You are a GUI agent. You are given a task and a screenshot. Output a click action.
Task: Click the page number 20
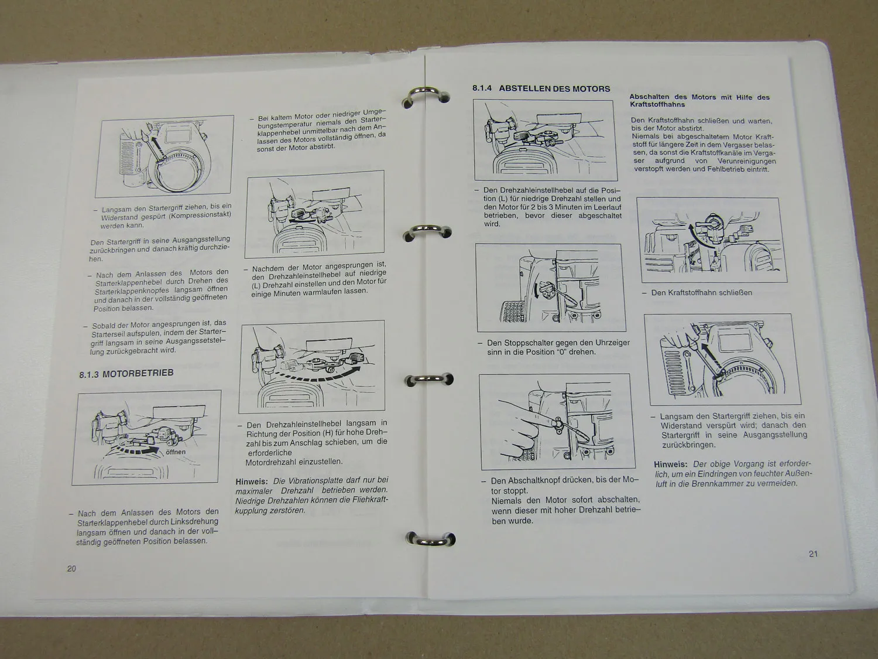tap(71, 568)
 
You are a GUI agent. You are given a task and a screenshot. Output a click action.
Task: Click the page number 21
tap(813, 554)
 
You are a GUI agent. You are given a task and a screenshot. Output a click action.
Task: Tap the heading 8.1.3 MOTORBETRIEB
tap(126, 373)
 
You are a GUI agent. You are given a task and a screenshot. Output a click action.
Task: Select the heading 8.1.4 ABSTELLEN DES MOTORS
tap(541, 89)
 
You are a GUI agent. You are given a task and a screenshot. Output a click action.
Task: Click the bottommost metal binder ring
tap(431, 540)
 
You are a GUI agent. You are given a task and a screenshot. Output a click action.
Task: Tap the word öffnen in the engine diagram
tap(176, 452)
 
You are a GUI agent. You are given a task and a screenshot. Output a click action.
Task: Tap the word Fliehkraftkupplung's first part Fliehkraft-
tap(363, 500)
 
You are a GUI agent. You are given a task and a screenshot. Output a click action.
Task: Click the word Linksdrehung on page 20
tap(189, 521)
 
